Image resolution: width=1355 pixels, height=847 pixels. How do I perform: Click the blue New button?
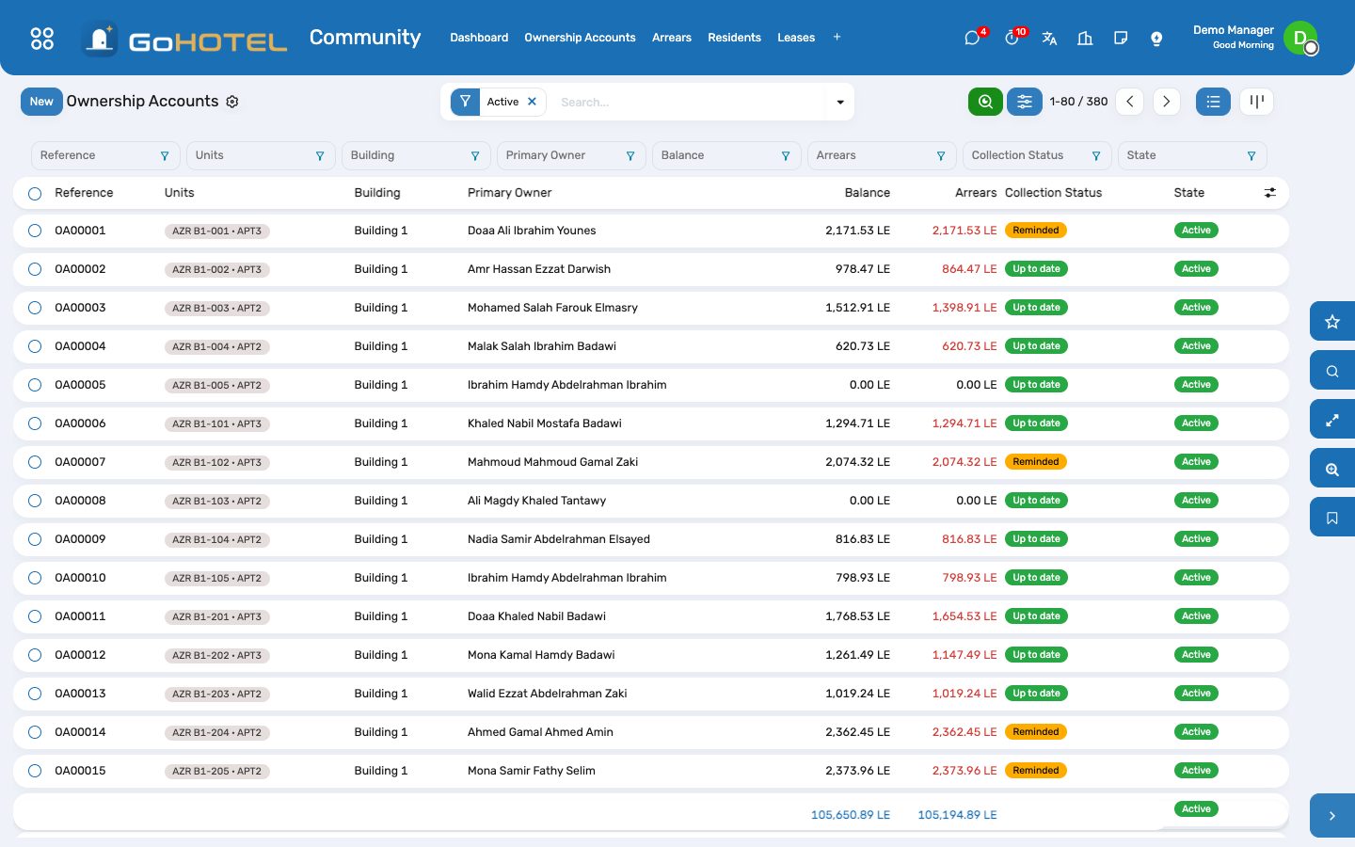pos(41,102)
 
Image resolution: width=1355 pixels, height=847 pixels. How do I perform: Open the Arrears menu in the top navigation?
pos(672,38)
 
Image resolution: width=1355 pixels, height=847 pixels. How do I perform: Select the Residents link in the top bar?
pos(734,38)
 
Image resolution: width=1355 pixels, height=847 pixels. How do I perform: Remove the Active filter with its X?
pos(532,102)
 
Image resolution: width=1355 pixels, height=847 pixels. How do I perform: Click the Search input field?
pos(690,103)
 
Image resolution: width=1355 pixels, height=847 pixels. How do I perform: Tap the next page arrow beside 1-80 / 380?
pos(1166,102)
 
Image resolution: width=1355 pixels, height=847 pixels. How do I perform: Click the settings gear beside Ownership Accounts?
pos(232,102)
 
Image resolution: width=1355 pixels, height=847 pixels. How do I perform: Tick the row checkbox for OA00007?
pos(35,462)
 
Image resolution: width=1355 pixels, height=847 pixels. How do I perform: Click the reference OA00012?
pos(80,655)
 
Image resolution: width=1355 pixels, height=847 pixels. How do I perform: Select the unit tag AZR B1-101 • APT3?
pos(216,424)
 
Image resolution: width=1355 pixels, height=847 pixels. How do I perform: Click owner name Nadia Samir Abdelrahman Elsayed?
pos(558,539)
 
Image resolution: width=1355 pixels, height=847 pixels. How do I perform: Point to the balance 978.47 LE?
pos(863,269)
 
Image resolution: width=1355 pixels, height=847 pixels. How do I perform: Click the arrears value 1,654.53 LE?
pos(964,616)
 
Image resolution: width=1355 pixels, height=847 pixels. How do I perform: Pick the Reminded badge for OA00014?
pos(1036,732)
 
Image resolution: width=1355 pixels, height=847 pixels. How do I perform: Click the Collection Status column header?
pos(1053,193)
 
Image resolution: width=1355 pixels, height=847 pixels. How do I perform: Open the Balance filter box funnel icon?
pos(785,156)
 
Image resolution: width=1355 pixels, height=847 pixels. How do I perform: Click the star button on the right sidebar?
pos(1332,322)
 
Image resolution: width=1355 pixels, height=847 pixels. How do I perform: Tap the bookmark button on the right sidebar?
pos(1332,518)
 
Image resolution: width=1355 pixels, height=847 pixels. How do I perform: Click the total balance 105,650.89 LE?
pos(851,815)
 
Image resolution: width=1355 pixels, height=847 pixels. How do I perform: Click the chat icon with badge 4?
pos(972,38)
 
